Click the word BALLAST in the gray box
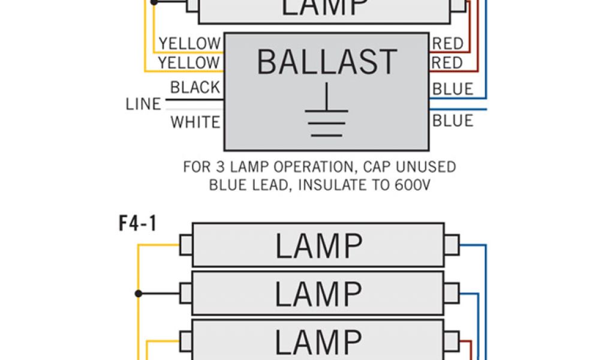[x=327, y=62]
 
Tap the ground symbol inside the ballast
[x=327, y=114]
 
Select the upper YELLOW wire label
[x=189, y=43]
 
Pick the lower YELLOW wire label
[x=189, y=62]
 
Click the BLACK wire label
[x=195, y=88]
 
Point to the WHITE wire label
[x=195, y=122]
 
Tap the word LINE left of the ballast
[x=143, y=104]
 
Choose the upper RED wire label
[x=448, y=43]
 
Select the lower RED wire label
[x=448, y=62]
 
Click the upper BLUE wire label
[x=453, y=89]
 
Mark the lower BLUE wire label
[x=453, y=121]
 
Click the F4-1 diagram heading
[x=137, y=224]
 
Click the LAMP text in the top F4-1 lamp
[x=318, y=246]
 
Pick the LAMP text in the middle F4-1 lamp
[x=318, y=293]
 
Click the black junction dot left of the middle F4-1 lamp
[x=139, y=293]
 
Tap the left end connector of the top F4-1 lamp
[x=186, y=245]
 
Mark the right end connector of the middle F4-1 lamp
[x=451, y=293]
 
